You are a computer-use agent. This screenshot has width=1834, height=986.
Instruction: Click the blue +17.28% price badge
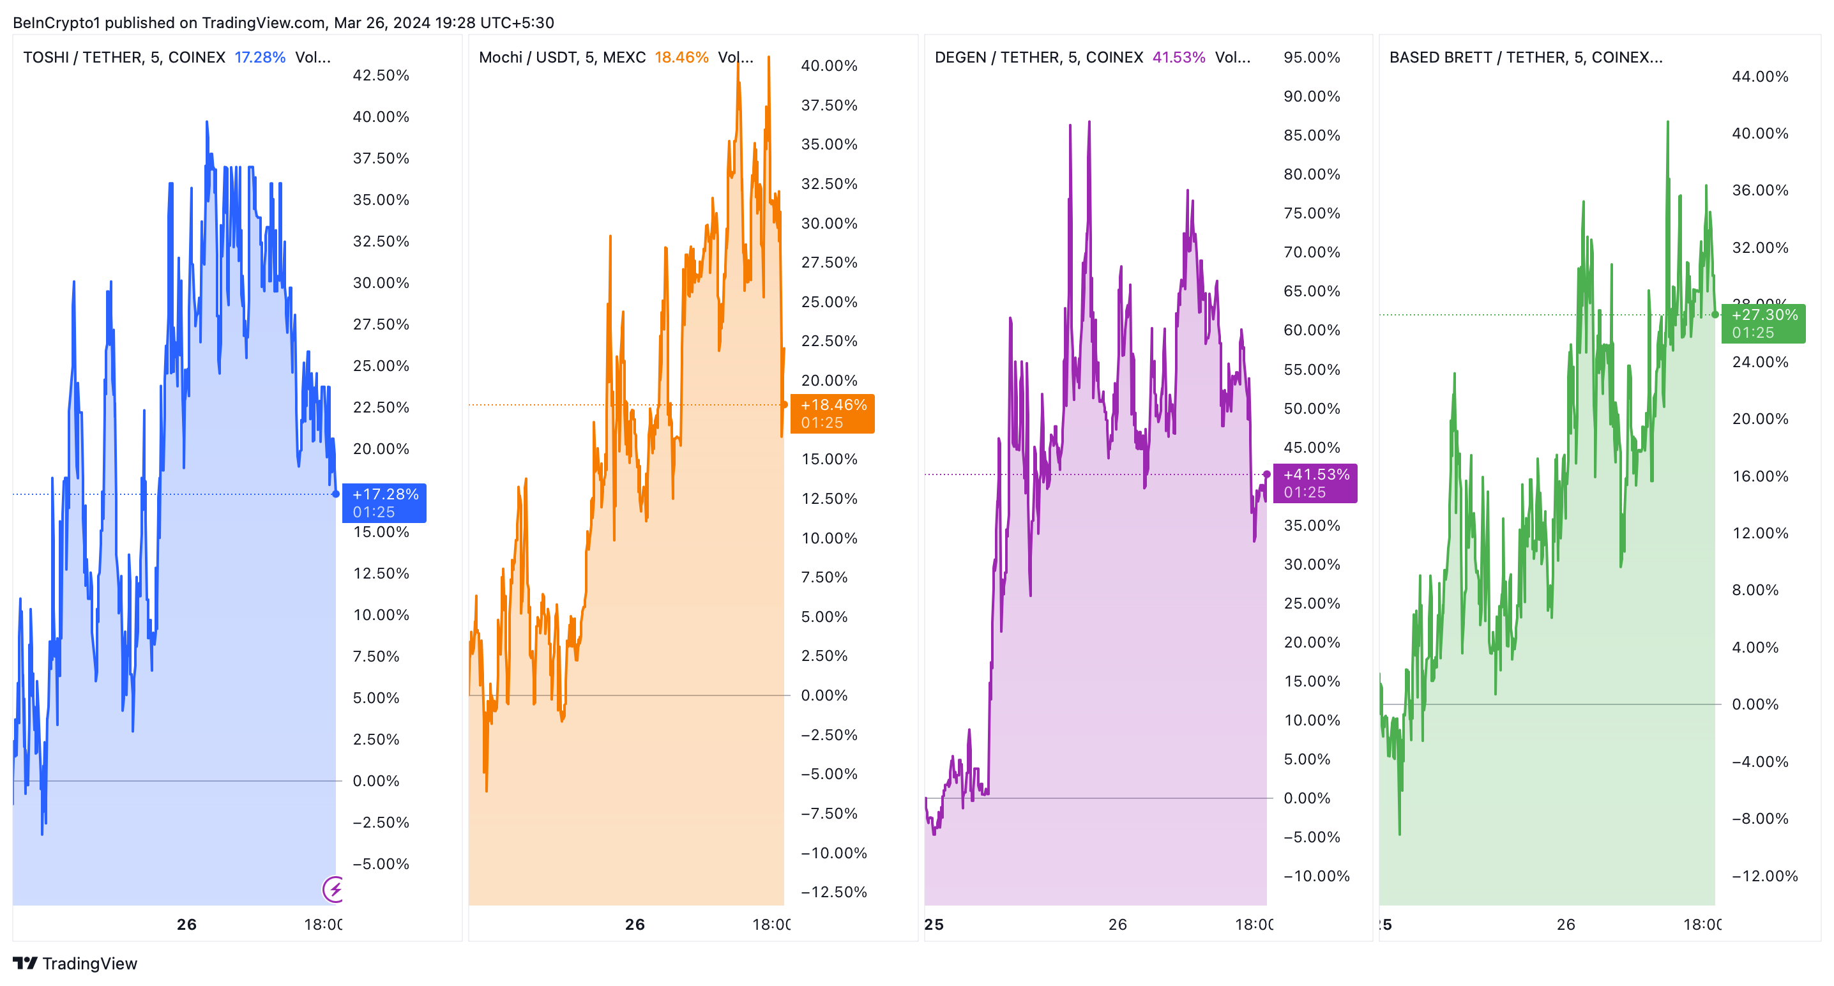tap(384, 503)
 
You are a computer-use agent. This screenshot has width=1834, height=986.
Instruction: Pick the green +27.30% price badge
tap(1763, 323)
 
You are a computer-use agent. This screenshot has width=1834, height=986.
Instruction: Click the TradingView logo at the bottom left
tap(75, 963)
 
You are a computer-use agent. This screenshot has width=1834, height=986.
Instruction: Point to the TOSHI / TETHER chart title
tap(124, 57)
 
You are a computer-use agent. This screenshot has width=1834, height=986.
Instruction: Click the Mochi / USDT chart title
tap(562, 57)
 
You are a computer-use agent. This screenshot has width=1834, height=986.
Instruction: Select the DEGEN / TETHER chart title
tap(1038, 57)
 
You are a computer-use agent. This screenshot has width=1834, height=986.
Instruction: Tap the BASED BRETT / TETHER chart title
tap(1525, 57)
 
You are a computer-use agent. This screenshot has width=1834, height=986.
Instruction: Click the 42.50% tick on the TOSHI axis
tap(381, 75)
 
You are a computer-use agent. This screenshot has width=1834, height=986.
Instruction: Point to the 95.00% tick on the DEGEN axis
tap(1312, 57)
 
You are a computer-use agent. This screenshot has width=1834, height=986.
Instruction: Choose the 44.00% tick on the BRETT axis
tap(1759, 76)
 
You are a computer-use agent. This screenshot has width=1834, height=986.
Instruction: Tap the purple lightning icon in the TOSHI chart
tap(334, 888)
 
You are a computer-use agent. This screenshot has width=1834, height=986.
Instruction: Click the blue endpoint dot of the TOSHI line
tap(336, 494)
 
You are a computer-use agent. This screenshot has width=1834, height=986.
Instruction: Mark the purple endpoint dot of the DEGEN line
tap(1266, 474)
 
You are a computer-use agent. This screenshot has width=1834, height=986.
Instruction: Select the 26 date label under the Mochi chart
tap(634, 924)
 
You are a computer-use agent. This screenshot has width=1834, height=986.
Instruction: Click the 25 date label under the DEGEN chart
tap(934, 924)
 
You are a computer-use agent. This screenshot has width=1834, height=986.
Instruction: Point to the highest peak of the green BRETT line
tap(1667, 123)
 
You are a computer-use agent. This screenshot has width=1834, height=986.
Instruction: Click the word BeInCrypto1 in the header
tap(56, 23)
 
